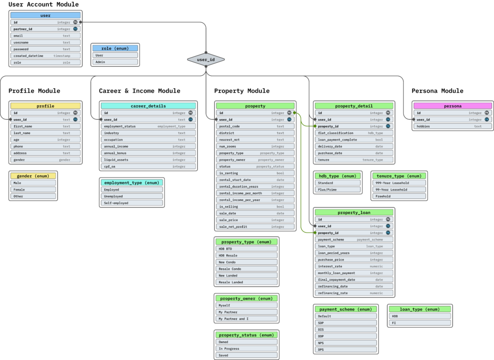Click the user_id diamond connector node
point(206,59)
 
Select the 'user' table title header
point(45,15)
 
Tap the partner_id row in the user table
point(45,29)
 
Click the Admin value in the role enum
point(115,62)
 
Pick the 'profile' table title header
point(45,106)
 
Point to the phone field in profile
point(45,146)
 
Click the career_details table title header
point(149,106)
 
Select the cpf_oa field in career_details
point(149,166)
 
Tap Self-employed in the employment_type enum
point(132,203)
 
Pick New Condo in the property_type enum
point(247,262)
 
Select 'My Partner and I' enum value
point(247,318)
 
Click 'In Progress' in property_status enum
point(247,348)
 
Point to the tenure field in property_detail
point(354,159)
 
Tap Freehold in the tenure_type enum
point(399,196)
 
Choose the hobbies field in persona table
point(453,126)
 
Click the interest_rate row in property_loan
point(354,266)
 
